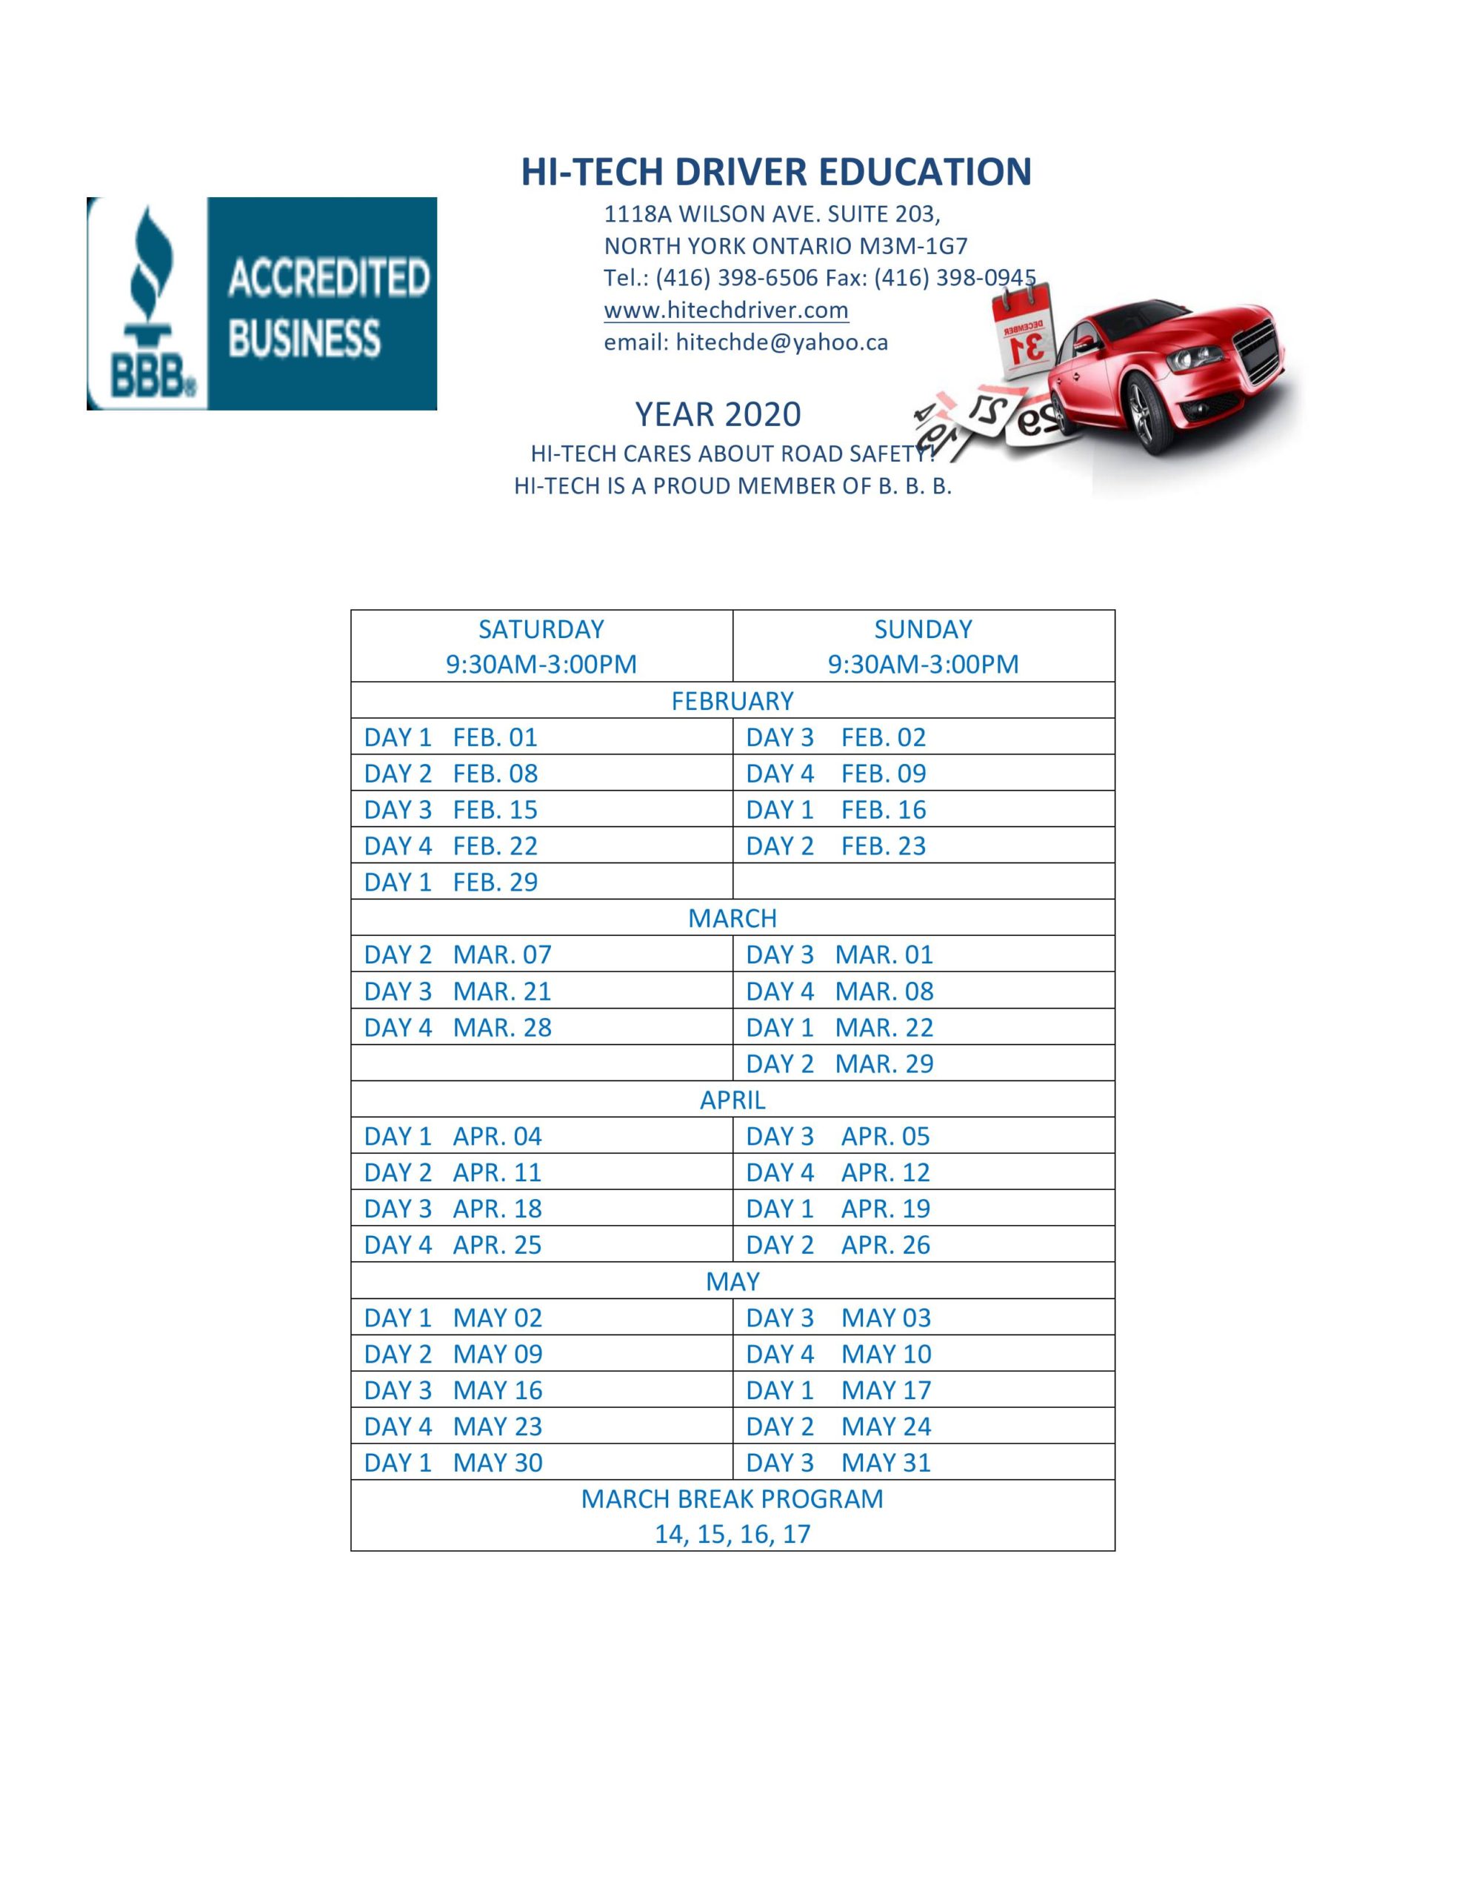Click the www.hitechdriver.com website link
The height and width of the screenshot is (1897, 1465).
point(725,310)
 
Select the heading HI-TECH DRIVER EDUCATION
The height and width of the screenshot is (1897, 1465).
point(775,171)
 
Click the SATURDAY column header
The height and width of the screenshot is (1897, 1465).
point(541,629)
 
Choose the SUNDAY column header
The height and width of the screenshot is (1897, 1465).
point(922,629)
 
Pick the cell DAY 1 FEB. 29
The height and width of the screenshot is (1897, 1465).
point(451,882)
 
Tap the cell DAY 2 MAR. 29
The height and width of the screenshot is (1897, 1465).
point(839,1063)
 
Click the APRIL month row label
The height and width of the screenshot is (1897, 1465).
point(732,1100)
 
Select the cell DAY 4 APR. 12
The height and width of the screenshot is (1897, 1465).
point(837,1172)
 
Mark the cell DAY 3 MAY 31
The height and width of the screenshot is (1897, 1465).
point(837,1463)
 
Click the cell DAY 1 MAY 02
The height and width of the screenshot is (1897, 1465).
point(453,1318)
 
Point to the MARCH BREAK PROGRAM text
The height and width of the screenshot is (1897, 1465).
point(731,1499)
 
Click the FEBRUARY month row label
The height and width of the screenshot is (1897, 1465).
point(732,701)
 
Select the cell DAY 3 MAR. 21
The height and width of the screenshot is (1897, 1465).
point(457,991)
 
